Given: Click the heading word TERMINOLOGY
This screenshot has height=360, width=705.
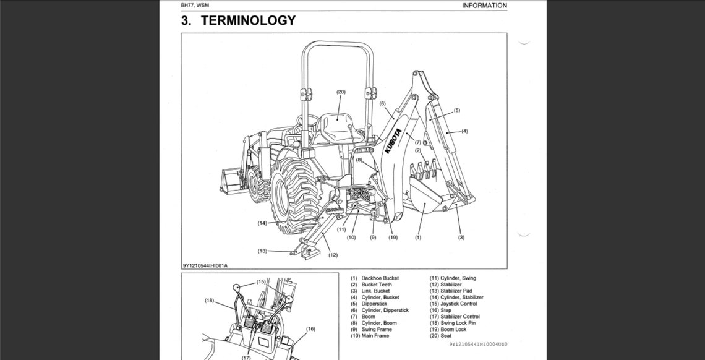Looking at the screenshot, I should click(248, 20).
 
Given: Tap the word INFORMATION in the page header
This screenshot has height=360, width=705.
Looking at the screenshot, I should click(484, 6).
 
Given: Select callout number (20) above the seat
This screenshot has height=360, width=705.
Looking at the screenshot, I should click(341, 92).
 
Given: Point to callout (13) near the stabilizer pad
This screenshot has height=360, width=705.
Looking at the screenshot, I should click(262, 251).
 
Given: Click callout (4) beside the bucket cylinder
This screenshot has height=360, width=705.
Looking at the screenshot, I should click(464, 131).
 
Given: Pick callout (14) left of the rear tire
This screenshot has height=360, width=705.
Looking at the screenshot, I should click(262, 223).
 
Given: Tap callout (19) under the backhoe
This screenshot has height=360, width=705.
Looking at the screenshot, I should click(393, 238).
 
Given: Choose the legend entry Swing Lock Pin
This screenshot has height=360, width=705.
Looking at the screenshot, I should click(458, 323).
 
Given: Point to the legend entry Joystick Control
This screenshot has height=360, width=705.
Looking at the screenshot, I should click(458, 304).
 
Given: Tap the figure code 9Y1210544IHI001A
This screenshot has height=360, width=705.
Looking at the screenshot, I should click(205, 265).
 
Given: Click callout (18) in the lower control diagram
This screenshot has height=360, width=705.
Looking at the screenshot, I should click(209, 301).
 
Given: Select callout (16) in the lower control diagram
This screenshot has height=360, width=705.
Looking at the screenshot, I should click(310, 329).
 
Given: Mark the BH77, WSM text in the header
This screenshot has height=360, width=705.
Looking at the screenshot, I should click(195, 6).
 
